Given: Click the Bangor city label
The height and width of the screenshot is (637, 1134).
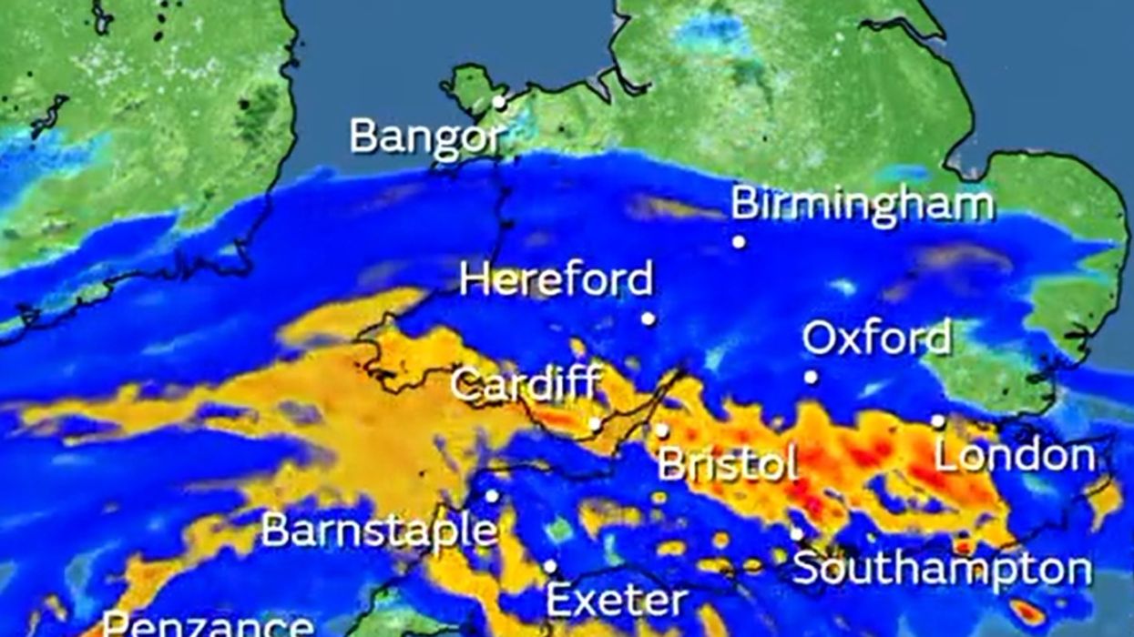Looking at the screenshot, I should [425, 137].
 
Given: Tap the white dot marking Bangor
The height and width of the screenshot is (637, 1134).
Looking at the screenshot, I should [499, 103].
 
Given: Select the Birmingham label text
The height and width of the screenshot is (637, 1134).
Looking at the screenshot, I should [862, 204].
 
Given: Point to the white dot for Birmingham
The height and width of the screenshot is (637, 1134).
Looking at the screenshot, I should [739, 242].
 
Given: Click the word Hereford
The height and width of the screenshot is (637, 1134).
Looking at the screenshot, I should [557, 278].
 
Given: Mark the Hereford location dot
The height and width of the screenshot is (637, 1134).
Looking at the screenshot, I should [648, 318].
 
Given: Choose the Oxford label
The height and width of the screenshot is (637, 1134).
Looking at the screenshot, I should [876, 339].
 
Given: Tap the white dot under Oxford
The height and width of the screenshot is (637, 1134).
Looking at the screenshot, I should [811, 377].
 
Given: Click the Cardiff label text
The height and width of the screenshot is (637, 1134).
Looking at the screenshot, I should [526, 384].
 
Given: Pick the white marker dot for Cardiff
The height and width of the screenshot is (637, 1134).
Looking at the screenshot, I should [595, 423].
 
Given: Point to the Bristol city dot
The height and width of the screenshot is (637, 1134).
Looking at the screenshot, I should [662, 430].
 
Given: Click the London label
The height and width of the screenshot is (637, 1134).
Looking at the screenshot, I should [1014, 455].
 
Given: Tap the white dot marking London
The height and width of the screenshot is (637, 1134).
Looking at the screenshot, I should [938, 420].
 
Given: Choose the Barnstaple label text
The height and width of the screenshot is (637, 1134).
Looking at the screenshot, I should [379, 530].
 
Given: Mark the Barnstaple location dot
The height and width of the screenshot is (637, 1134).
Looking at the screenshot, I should [492, 496].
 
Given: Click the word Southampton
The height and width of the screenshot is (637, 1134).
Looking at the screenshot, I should [942, 569].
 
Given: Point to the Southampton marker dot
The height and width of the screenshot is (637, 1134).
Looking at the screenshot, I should [796, 534].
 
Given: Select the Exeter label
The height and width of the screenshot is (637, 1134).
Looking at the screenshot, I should [616, 601].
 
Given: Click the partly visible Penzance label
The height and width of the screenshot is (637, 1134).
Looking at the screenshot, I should [207, 625].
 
